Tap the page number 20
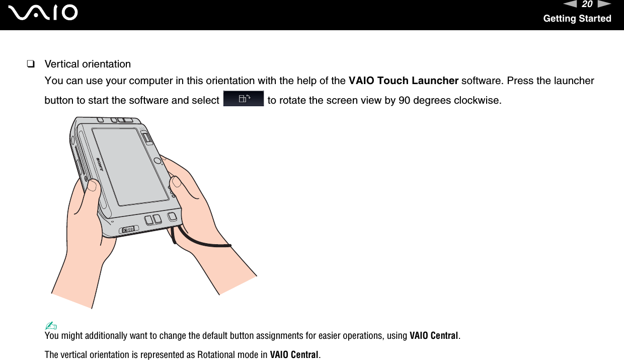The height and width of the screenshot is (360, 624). (x=587, y=5)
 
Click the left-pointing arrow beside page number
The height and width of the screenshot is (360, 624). (x=570, y=5)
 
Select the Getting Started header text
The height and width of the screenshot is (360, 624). (x=577, y=19)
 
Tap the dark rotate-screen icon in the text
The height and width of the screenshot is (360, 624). (x=243, y=99)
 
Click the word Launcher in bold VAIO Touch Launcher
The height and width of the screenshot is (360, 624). (x=435, y=81)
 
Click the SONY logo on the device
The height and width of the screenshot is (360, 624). (x=100, y=164)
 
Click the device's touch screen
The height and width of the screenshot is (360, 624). (x=131, y=166)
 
